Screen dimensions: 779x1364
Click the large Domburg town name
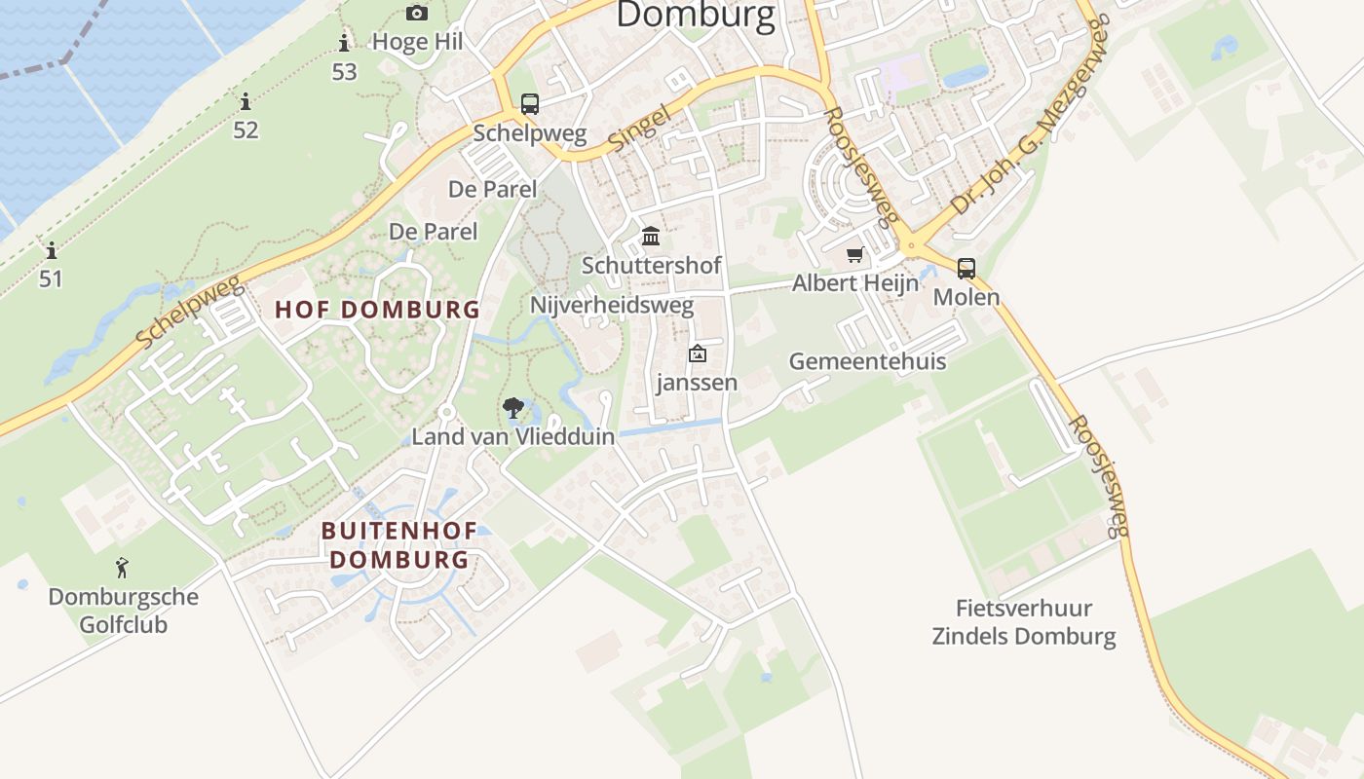click(x=696, y=16)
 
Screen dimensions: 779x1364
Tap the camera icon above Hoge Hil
click(x=417, y=13)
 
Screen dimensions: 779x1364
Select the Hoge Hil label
click(x=418, y=42)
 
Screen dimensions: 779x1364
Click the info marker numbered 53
click(x=344, y=43)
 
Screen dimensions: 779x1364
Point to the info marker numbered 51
click(x=51, y=251)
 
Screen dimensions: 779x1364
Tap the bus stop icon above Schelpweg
click(x=530, y=104)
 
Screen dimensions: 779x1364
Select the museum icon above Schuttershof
click(x=651, y=236)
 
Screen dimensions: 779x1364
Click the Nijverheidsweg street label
click(x=612, y=305)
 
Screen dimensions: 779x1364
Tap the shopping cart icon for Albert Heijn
click(x=855, y=255)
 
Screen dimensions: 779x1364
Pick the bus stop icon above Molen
click(x=966, y=268)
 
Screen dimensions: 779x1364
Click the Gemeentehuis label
click(x=867, y=361)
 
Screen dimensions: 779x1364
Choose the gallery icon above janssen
click(x=697, y=354)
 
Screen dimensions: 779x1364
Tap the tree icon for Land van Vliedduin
click(x=513, y=408)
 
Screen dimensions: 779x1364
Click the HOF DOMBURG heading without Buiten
click(x=377, y=310)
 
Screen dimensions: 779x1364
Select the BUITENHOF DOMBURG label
click(x=399, y=545)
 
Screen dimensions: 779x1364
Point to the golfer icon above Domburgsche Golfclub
click(x=122, y=568)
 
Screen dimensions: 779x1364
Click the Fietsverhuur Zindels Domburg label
click(x=1024, y=622)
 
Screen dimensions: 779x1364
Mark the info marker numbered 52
click(x=246, y=101)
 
